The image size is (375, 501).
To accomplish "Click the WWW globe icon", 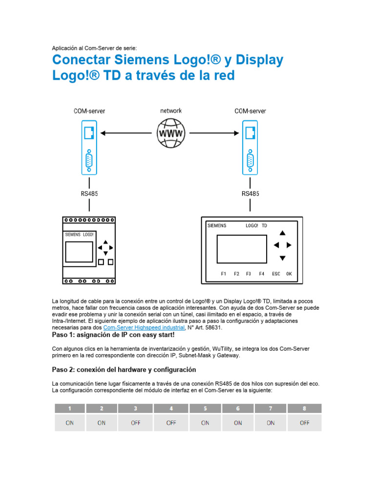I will (170, 133).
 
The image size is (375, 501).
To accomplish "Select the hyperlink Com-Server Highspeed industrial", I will (144, 327).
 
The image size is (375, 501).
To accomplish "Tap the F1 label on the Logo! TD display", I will (223, 273).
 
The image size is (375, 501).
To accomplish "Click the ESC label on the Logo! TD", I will (276, 273).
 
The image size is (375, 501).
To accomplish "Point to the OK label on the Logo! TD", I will (289, 273).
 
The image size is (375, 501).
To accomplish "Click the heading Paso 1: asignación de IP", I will (113, 335).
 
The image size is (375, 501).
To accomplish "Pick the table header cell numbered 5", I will (205, 409).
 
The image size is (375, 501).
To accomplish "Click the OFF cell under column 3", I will (135, 423).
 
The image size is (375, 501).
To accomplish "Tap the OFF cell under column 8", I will (305, 423).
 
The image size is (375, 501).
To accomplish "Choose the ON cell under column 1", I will (69, 423).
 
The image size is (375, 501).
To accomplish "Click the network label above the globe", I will (171, 111).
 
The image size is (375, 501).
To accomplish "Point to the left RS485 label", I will (89, 193).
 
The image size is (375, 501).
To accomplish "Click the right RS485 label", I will (250, 193).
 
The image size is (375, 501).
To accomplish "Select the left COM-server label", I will (89, 111).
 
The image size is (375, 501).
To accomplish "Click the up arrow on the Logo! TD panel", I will (282, 233).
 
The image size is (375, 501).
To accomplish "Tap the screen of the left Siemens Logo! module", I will (79, 251).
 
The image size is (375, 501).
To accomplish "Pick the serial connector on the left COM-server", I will (89, 159).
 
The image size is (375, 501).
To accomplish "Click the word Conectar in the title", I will (82, 60).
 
